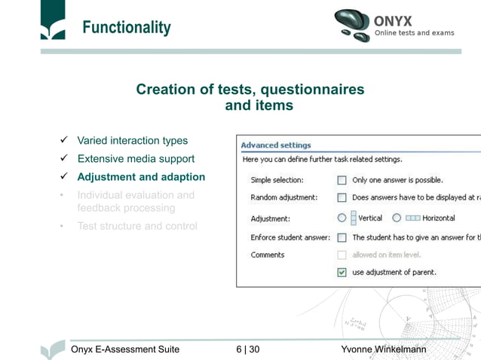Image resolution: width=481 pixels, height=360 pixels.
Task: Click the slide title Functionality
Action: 126,29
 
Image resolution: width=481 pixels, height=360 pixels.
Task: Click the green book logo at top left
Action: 53,21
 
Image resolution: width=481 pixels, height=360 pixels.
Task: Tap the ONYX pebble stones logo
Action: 352,24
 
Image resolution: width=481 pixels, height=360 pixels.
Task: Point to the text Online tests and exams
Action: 414,33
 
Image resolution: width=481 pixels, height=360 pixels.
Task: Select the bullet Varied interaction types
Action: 132,141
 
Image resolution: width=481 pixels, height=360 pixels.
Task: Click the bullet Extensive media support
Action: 136,159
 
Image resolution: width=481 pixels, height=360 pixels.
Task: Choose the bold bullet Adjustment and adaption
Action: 141,177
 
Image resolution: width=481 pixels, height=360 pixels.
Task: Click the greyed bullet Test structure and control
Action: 136,226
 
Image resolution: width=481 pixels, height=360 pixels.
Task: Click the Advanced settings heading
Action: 276,145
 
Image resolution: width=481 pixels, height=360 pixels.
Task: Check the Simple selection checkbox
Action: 342,181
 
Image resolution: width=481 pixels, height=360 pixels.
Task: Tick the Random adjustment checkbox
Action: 342,198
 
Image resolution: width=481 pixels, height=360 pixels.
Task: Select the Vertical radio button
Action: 342,218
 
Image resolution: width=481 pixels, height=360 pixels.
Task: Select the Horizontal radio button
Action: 397,218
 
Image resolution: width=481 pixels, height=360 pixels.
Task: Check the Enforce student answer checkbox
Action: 342,237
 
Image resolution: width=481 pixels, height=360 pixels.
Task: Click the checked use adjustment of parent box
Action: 342,272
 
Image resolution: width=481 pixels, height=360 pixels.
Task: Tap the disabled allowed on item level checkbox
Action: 342,255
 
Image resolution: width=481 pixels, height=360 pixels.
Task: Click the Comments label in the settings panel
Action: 268,255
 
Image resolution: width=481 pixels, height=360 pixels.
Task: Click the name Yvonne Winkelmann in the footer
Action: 383,349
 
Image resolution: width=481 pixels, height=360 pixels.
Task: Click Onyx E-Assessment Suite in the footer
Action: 124,349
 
